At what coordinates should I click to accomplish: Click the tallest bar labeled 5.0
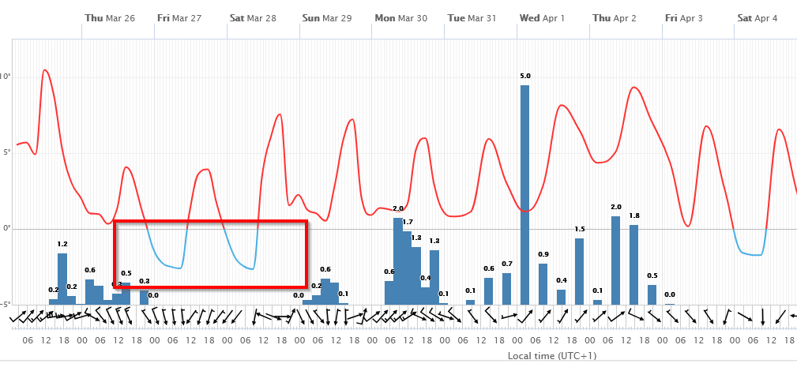(x=524, y=194)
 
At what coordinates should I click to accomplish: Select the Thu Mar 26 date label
(x=109, y=18)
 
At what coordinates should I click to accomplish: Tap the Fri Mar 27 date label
(x=179, y=18)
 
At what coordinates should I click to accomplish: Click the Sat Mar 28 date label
(x=253, y=18)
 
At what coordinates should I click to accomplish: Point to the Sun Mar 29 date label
(x=327, y=18)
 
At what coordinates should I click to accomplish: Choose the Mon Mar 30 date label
(x=400, y=18)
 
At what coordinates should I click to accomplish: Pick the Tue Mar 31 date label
(x=472, y=18)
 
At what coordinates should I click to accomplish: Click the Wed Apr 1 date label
(x=542, y=18)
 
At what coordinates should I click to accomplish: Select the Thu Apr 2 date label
(x=615, y=18)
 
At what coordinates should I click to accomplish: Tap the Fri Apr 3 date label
(x=683, y=18)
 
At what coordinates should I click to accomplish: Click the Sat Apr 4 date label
(x=757, y=18)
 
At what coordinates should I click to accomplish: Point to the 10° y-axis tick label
(x=6, y=77)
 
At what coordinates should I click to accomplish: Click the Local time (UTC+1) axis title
(x=552, y=356)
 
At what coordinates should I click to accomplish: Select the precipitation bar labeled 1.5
(x=579, y=271)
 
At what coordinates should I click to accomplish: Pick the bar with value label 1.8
(x=633, y=264)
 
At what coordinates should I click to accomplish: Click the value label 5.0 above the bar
(x=525, y=76)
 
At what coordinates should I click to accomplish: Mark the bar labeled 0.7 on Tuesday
(x=506, y=288)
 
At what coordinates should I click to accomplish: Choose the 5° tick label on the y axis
(x=6, y=152)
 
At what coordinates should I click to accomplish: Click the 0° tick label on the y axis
(x=6, y=228)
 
